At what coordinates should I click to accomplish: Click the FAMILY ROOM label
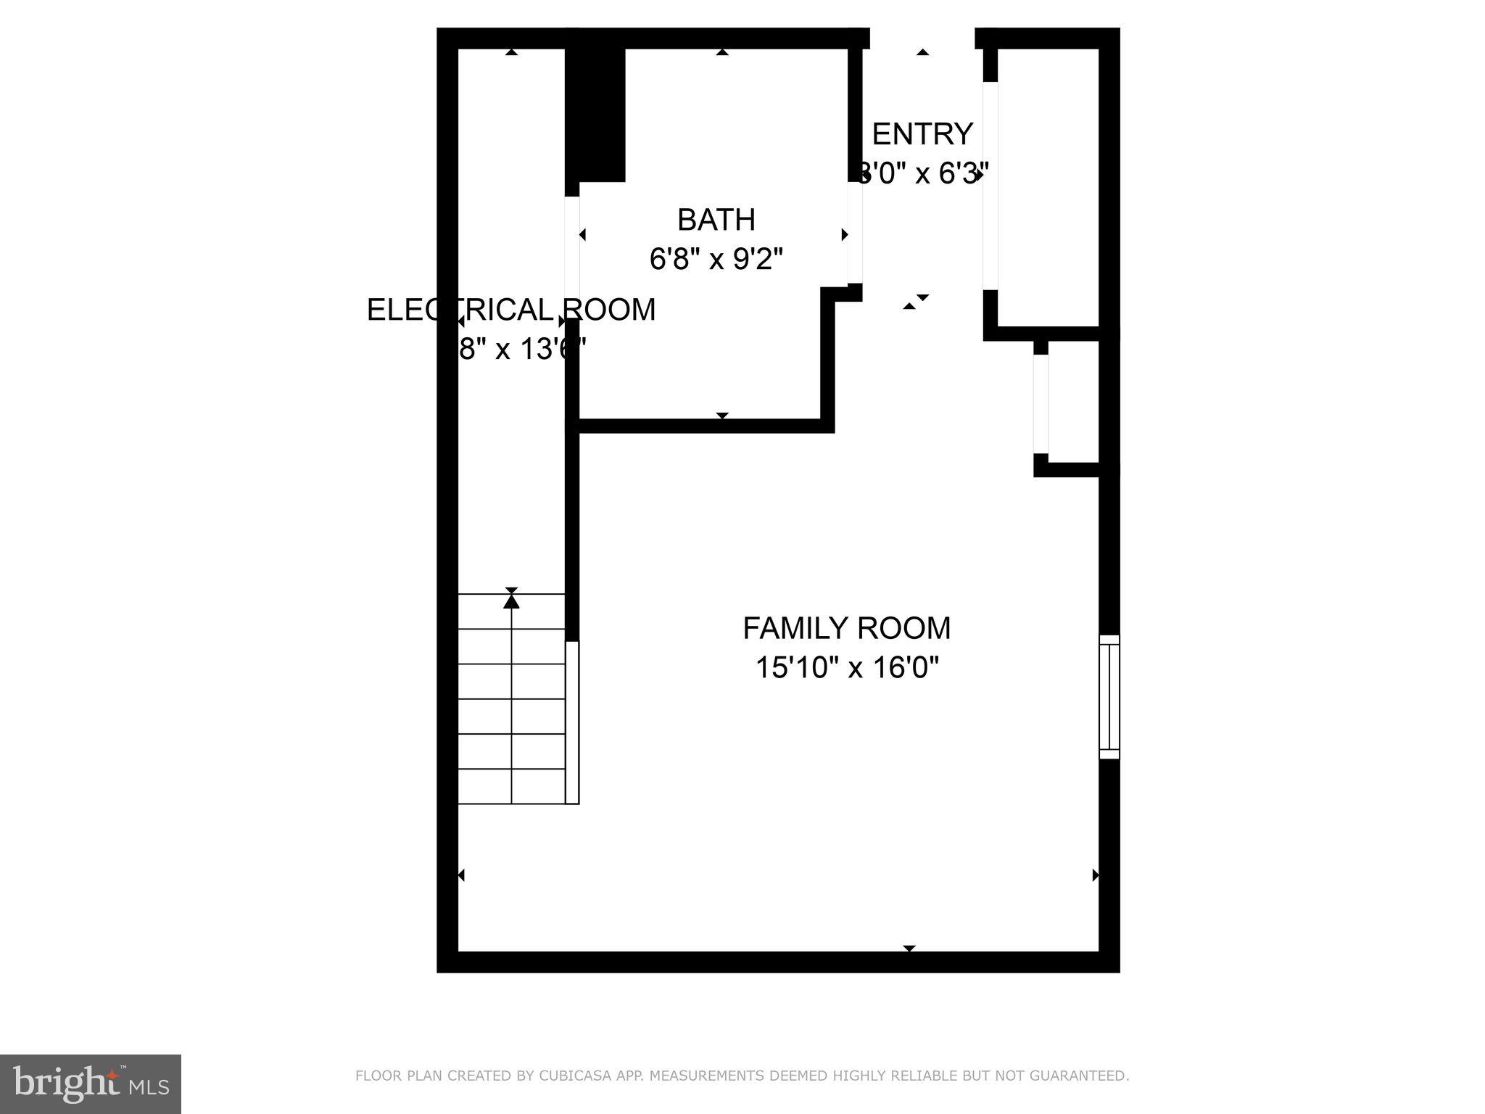coord(846,628)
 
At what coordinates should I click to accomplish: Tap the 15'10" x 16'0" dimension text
coord(846,667)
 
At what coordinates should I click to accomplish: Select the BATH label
coord(716,219)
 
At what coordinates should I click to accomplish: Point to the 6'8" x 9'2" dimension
coord(716,259)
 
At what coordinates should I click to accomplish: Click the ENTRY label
coord(922,134)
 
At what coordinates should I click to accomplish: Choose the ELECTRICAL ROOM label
coord(510,310)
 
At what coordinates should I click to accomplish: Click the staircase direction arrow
coord(512,601)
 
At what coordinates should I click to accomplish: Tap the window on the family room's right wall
coord(1109,696)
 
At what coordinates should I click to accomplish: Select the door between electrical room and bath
coord(572,257)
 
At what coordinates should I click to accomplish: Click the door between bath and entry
coord(855,232)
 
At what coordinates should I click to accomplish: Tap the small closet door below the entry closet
coord(1041,404)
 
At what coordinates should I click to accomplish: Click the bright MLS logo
coord(91,1084)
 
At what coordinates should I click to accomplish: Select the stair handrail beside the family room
coord(572,722)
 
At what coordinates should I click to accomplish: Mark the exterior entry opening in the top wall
coord(922,38)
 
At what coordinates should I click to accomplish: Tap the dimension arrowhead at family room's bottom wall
coord(909,948)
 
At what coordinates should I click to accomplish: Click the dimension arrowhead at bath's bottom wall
coord(722,416)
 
